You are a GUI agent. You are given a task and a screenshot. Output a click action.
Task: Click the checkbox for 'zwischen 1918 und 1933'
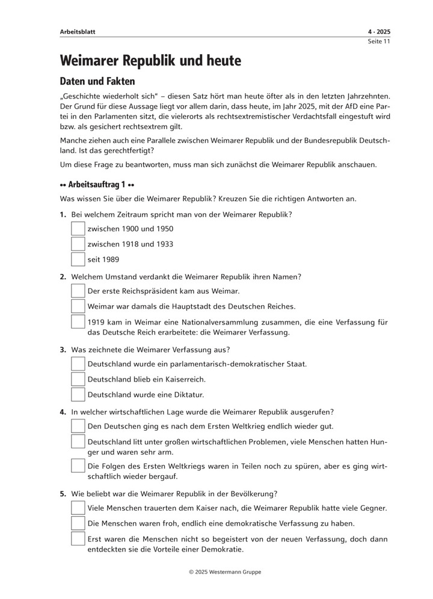(78, 245)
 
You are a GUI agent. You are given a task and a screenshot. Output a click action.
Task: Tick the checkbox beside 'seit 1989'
(78, 260)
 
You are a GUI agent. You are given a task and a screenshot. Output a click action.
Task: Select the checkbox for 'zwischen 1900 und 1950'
(78, 229)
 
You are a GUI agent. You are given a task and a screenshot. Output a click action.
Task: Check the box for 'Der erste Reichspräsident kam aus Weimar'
(78, 291)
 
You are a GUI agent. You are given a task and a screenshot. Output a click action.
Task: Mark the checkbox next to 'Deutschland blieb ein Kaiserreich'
(78, 379)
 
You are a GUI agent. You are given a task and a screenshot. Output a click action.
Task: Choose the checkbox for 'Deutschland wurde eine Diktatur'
(78, 395)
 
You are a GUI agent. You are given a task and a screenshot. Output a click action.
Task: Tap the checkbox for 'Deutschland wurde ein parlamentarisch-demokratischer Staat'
(78, 364)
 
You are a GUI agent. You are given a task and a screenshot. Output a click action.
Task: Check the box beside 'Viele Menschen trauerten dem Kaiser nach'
(78, 508)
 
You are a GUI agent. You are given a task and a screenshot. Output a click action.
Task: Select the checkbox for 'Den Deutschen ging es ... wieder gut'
(78, 427)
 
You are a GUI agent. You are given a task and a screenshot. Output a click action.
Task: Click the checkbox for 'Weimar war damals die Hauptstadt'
(78, 306)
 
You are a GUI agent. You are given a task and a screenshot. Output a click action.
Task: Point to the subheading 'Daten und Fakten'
(97, 81)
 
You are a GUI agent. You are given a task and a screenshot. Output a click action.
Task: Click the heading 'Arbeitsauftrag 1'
(96, 183)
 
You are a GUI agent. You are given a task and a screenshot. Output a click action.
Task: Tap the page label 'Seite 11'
(379, 41)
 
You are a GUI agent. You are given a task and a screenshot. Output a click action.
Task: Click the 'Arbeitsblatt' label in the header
(78, 31)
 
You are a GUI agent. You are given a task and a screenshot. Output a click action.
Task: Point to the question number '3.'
(63, 349)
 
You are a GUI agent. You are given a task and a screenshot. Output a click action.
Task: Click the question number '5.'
(63, 494)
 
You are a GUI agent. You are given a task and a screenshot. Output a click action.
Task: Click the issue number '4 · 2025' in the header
(379, 31)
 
